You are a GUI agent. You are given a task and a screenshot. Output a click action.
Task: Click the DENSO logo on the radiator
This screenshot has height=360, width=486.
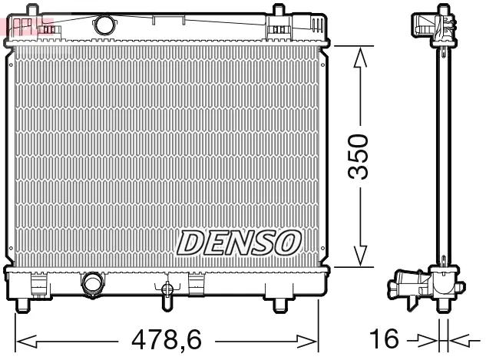click(x=236, y=243)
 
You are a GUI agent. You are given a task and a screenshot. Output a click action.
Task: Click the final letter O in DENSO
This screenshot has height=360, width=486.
click(x=285, y=243)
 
